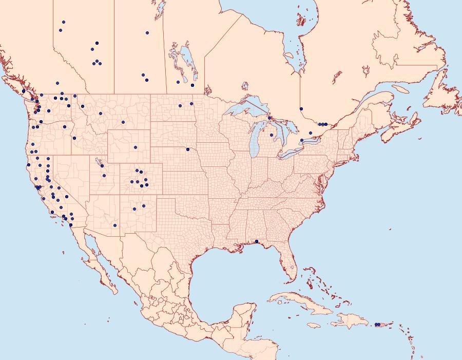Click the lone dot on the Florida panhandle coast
pyautogui.click(x=257, y=241)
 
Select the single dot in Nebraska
pyautogui.click(x=188, y=149)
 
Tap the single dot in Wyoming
pyautogui.click(x=136, y=147)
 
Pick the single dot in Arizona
pyautogui.click(x=115, y=225)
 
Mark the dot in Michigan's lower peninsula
pyautogui.click(x=272, y=135)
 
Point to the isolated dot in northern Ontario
pyautogui.click(x=301, y=108)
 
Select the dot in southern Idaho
pyautogui.click(x=74, y=138)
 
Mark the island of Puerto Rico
pyautogui.click(x=380, y=325)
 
